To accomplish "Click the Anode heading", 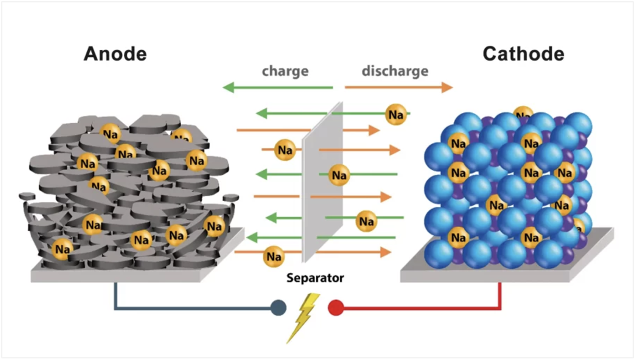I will click(115, 54).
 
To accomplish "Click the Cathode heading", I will click(523, 54).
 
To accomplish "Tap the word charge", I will click(285, 72).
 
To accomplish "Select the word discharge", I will click(395, 72).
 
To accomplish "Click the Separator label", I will click(315, 278).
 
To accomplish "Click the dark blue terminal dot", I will click(278, 307).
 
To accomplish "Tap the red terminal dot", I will click(336, 307).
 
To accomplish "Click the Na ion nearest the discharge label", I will click(396, 115).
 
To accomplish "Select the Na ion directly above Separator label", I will click(273, 256).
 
